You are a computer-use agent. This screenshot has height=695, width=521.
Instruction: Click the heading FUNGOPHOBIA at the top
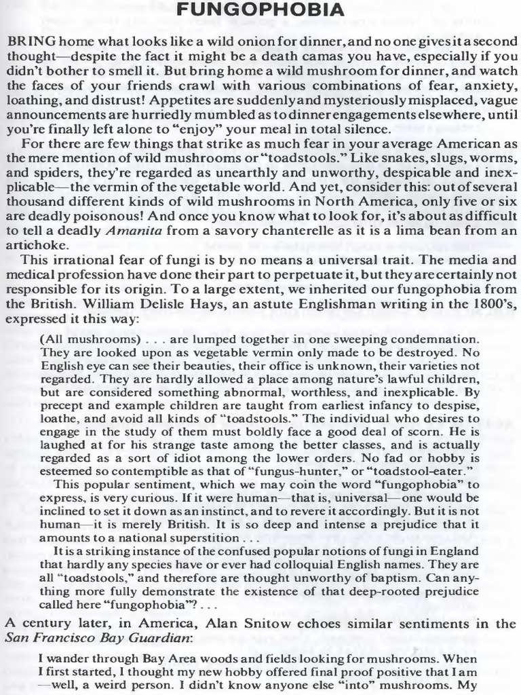[x=260, y=11]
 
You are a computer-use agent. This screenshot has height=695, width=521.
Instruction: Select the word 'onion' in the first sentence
[x=213, y=42]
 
